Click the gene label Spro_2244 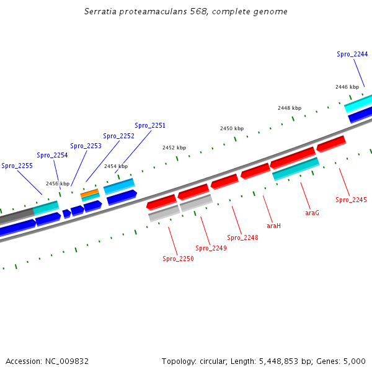pyautogui.click(x=352, y=55)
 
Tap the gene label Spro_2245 pyautogui.click(x=351, y=200)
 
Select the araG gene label pyautogui.click(x=312, y=213)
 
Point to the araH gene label pyautogui.click(x=273, y=226)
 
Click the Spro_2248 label pyautogui.click(x=242, y=237)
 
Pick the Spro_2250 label pyautogui.click(x=178, y=259)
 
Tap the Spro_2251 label pyautogui.click(x=150, y=125)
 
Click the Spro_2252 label pyautogui.click(x=118, y=136)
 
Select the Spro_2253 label pyautogui.click(x=86, y=146)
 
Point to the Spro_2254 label pyautogui.click(x=52, y=155)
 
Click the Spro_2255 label pyautogui.click(x=17, y=166)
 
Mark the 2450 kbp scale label pyautogui.click(x=232, y=128)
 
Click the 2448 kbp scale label pyautogui.click(x=290, y=108)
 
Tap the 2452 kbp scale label pyautogui.click(x=174, y=148)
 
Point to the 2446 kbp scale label pyautogui.click(x=347, y=87)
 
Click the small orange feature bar pyautogui.click(x=90, y=193)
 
